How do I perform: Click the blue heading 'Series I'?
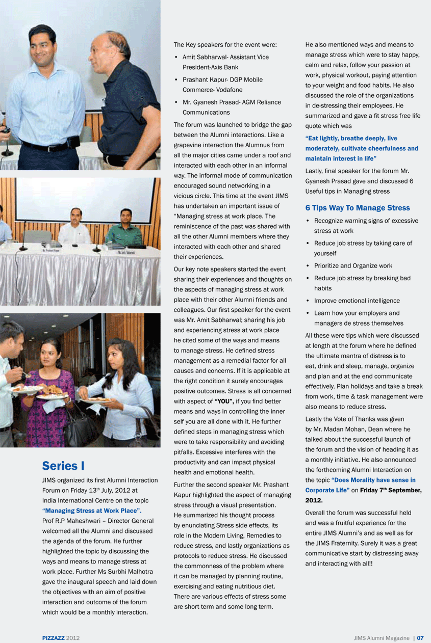pos(63,466)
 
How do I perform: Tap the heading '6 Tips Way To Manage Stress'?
pos(358,208)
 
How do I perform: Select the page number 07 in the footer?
pos(420,637)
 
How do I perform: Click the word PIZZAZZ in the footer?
pos(53,637)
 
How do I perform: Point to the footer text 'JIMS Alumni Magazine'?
pos(382,637)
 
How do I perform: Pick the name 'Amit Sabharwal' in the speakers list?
pos(204,57)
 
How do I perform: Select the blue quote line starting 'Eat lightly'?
pos(351,138)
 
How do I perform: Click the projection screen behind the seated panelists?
pos(84,199)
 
